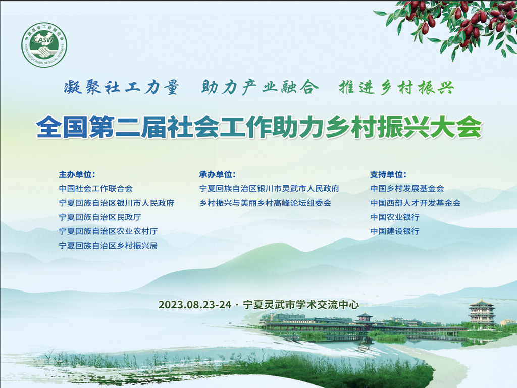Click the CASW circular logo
coord(44,45)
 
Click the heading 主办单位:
coord(77,174)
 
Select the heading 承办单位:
coord(218,174)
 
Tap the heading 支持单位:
coord(388,174)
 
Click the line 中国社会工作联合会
coord(96,189)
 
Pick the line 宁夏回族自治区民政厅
coord(100,217)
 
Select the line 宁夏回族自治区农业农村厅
coord(108,231)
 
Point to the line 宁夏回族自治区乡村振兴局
coord(108,246)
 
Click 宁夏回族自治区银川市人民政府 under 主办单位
coord(117,203)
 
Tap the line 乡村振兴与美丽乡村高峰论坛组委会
coord(265,203)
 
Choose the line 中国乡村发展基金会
coord(407,189)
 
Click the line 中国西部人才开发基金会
coord(415,203)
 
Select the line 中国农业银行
coord(395,217)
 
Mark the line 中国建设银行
coord(395,231)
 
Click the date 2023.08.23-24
coord(195,305)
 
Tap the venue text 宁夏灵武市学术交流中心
coord(301,305)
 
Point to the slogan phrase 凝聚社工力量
coord(121,88)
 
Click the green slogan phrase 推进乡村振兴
coord(396,88)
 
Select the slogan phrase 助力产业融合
coord(260,88)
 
